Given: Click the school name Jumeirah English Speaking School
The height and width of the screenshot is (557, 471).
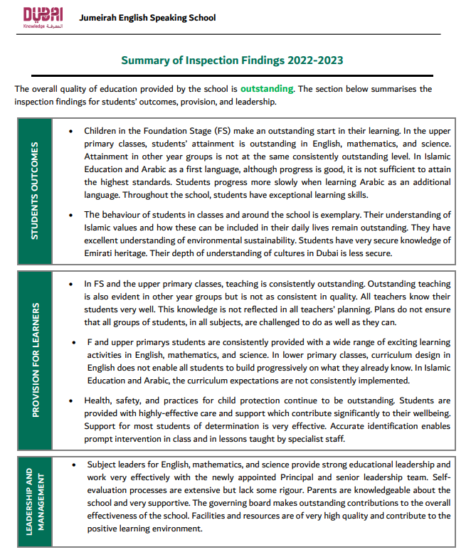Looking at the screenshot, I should tap(148, 18).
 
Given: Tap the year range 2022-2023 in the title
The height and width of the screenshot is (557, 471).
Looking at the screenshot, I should tap(315, 60).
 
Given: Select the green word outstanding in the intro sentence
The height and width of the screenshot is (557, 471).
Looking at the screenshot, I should tap(267, 89).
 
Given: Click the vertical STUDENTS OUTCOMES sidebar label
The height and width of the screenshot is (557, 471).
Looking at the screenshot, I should tap(34, 191).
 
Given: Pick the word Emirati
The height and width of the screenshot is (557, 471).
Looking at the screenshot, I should tap(99, 253).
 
